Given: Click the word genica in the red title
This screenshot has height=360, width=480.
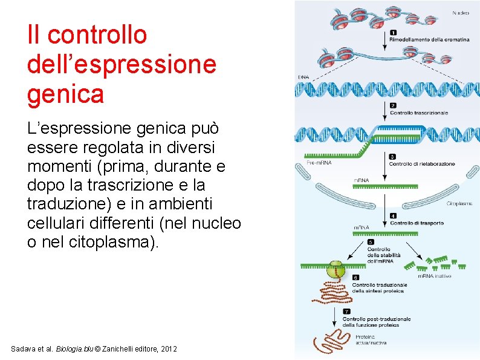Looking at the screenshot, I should (x=65, y=94).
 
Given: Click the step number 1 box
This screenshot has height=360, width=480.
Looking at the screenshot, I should (x=393, y=33).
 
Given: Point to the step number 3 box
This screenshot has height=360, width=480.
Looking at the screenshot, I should (x=393, y=157).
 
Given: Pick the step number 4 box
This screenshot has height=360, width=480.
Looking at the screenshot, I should (x=393, y=215).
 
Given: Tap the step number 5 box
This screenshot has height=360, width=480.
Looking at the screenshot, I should (x=371, y=242).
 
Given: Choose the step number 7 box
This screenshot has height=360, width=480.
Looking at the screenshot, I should (x=346, y=312).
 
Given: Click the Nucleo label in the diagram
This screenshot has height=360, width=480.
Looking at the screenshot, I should (x=460, y=12).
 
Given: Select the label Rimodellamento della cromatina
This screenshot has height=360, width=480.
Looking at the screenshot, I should (x=429, y=39).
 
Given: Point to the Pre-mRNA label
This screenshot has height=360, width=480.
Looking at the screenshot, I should (x=319, y=162).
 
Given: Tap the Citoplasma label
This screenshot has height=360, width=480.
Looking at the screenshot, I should (x=459, y=203).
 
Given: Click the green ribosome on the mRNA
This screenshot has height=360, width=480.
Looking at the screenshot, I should (x=334, y=268).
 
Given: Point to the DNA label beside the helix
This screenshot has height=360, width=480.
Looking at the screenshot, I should (x=303, y=77).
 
